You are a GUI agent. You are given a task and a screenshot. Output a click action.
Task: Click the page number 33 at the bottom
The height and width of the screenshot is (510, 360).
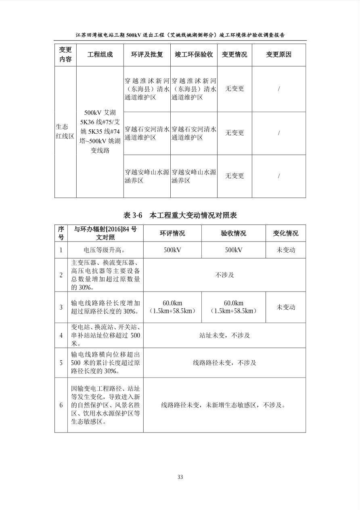180,477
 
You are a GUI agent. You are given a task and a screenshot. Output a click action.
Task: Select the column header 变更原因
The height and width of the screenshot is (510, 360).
278,55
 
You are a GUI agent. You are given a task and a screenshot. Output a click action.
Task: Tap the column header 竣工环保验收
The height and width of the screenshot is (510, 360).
194,55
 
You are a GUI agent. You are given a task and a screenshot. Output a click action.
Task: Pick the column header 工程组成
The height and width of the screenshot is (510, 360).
100,55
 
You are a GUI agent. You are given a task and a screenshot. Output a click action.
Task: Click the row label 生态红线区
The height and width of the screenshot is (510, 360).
65,131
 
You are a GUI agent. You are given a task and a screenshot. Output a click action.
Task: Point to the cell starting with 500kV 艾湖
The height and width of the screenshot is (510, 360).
100,131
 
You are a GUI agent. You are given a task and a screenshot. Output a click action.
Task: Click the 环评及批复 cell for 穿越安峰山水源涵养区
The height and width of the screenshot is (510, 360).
147,176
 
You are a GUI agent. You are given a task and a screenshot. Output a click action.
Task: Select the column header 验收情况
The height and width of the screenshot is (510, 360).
233,233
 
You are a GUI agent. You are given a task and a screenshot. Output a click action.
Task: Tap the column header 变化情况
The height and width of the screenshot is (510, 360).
285,233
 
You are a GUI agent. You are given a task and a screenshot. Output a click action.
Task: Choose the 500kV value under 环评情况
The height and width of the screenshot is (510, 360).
172,250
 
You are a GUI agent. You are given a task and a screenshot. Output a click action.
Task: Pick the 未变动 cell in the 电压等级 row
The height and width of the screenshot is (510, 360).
285,250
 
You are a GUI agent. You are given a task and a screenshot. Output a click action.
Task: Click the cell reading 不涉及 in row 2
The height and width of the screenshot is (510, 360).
224,275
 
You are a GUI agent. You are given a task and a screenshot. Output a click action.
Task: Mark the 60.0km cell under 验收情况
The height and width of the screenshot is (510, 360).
233,307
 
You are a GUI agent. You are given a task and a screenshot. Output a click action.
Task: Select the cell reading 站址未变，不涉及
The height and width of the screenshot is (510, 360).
224,335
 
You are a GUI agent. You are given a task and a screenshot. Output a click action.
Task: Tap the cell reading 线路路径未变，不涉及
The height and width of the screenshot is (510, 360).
224,363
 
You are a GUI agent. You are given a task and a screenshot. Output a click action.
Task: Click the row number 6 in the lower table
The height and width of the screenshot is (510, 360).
61,405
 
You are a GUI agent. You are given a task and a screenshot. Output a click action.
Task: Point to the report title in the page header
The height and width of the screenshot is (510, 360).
180,35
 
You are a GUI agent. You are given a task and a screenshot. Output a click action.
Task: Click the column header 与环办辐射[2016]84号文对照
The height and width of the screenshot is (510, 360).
105,233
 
